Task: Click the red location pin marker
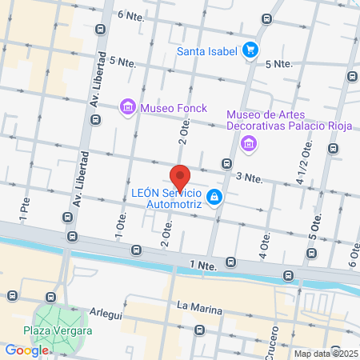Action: tap(180, 178)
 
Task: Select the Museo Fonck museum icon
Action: tap(126, 106)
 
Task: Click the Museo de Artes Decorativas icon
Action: tap(249, 145)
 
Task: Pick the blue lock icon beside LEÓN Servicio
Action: tap(214, 197)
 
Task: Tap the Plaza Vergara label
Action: tap(58, 331)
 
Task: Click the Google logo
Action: tap(26, 350)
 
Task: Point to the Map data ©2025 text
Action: tap(326, 353)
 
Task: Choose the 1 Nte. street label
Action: tap(203, 263)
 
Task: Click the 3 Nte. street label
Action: tap(249, 176)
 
